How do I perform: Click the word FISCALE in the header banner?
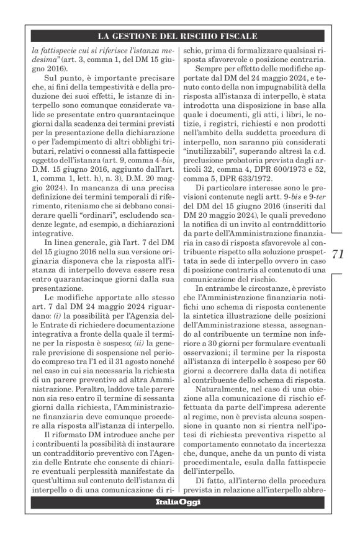coord(238,37)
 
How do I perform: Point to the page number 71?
coord(339,254)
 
